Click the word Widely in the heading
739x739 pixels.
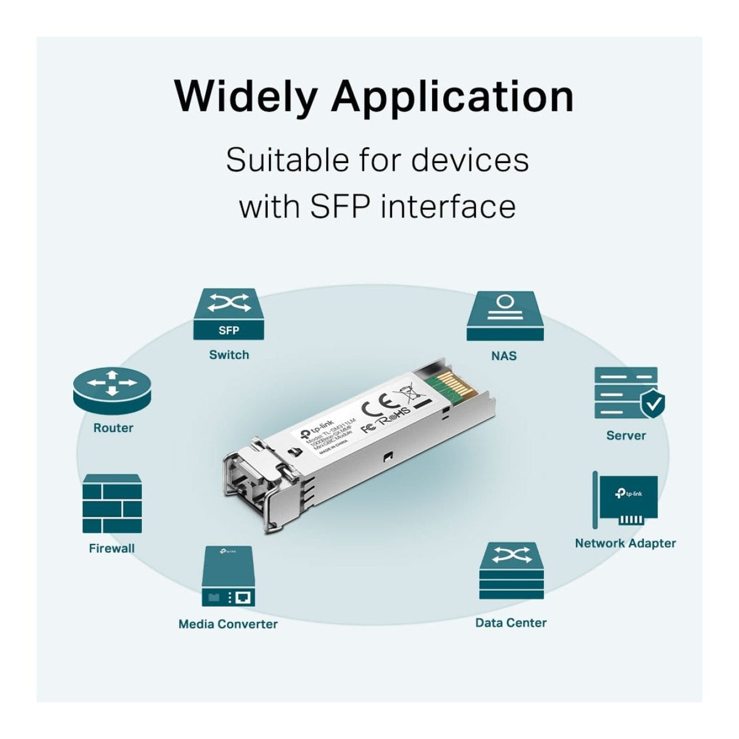click(245, 97)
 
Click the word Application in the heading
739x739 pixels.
click(452, 97)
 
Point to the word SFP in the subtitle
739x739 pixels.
click(340, 206)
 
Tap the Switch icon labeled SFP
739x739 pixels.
click(229, 314)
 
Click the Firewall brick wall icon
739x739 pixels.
click(112, 504)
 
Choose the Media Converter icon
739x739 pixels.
click(228, 576)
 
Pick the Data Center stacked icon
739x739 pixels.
click(511, 571)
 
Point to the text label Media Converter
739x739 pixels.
click(228, 624)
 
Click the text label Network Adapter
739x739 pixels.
click(625, 543)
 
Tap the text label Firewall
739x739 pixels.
click(111, 548)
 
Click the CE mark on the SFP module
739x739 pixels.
click(382, 405)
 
